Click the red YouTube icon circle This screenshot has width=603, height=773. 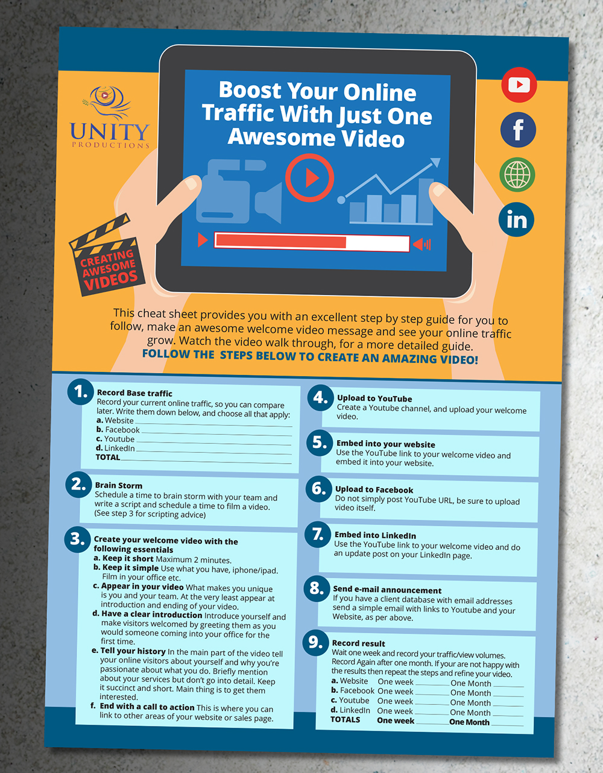(519, 84)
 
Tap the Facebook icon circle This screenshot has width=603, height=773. (518, 130)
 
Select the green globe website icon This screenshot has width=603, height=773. (517, 175)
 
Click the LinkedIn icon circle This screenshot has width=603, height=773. (516, 219)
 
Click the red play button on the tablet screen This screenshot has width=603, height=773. (309, 178)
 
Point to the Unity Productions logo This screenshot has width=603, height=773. (110, 117)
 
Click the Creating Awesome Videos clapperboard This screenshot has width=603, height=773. (106, 255)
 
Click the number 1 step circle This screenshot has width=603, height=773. (80, 392)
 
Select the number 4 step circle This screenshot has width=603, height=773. (321, 398)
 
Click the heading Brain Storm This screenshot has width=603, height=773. (118, 485)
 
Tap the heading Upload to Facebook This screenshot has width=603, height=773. (374, 490)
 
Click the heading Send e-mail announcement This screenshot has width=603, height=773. (387, 590)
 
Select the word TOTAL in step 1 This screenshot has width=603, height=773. (108, 457)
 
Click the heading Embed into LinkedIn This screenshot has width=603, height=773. (375, 535)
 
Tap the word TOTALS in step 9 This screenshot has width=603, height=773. (345, 720)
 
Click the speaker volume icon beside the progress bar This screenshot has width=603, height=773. (422, 244)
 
